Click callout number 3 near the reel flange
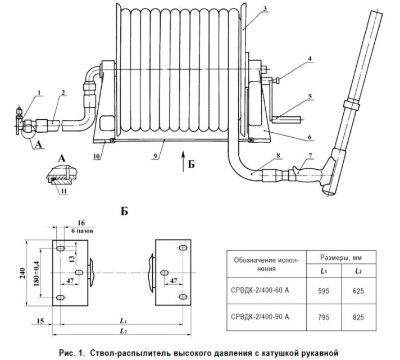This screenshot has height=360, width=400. pyautogui.click(x=265, y=9)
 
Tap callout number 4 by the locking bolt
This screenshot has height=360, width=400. pyautogui.click(x=310, y=58)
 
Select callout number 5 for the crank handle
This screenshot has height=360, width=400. pyautogui.click(x=310, y=96)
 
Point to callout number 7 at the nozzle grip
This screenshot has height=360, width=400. pyautogui.click(x=310, y=155)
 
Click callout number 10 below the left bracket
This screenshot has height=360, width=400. pyautogui.click(x=96, y=156)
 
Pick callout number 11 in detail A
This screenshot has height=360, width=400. pyautogui.click(x=64, y=191)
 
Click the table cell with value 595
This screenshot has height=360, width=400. pyautogui.click(x=324, y=291)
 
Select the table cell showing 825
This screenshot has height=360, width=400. pyautogui.click(x=358, y=317)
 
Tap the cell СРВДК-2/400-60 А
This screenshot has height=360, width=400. pyautogui.click(x=260, y=290)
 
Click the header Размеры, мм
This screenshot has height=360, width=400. pyautogui.click(x=341, y=258)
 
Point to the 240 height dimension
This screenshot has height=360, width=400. pyautogui.click(x=23, y=273)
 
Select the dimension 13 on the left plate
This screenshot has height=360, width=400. pyautogui.click(x=72, y=259)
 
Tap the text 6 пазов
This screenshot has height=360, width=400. pyautogui.click(x=82, y=231)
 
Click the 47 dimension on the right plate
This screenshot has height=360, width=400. pyautogui.click(x=174, y=281)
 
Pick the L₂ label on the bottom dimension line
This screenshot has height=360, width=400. pyautogui.click(x=124, y=331)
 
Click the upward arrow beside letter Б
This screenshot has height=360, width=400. pyautogui.click(x=183, y=161)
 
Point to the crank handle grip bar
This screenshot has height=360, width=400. pyautogui.click(x=286, y=119)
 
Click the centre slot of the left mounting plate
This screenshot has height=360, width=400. pyautogui.click(x=79, y=273)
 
